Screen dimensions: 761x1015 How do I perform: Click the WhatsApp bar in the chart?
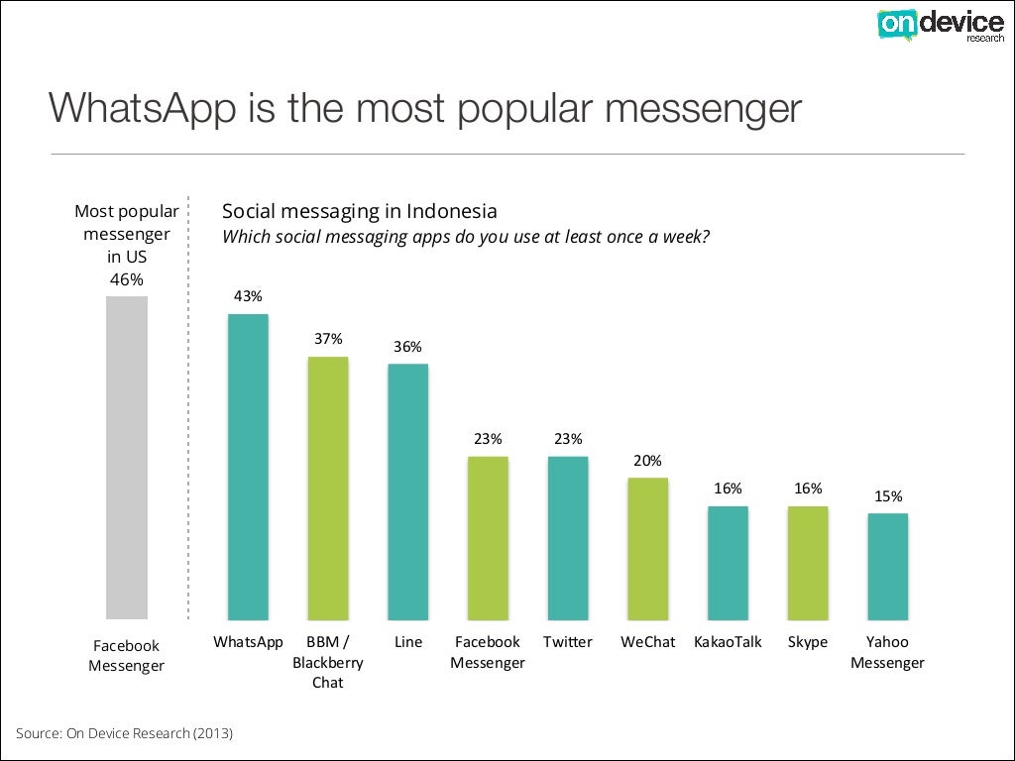[248, 467]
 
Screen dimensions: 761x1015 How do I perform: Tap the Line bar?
[407, 491]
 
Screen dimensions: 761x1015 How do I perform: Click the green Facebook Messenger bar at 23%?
[488, 538]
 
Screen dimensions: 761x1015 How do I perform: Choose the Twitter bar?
[568, 538]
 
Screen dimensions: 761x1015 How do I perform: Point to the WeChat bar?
[647, 549]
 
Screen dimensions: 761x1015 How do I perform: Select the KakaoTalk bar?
[728, 563]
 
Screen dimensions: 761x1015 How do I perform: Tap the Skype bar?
[808, 563]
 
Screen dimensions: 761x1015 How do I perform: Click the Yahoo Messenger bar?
[887, 566]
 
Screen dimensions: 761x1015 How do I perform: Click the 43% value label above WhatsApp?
[248, 295]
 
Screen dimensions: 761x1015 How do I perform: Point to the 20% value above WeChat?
[647, 460]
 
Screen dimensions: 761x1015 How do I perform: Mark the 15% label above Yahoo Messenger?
[887, 496]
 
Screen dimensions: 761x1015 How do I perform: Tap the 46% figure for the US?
[126, 279]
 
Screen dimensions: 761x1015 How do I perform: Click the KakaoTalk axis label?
[728, 642]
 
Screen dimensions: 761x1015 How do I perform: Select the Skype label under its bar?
[808, 642]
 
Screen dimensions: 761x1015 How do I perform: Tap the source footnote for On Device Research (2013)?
[124, 733]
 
